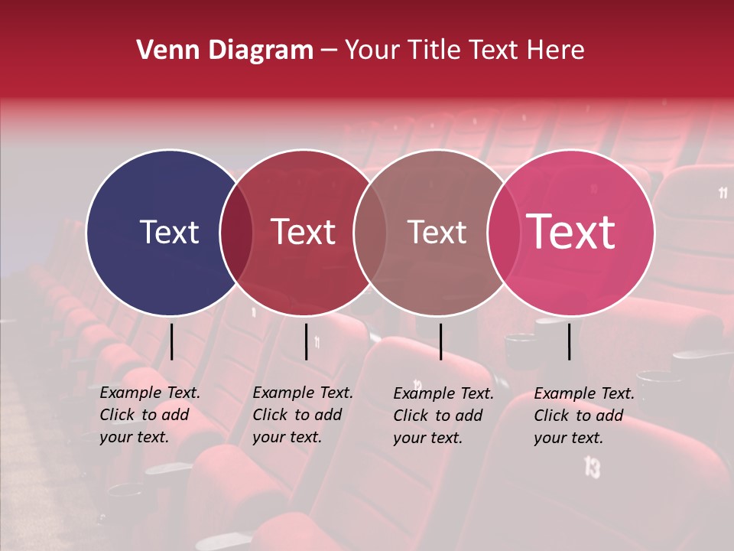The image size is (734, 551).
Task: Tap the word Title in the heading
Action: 436,51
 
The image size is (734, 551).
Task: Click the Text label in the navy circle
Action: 169,232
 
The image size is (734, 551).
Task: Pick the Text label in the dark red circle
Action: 303,232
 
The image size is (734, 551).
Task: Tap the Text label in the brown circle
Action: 437,232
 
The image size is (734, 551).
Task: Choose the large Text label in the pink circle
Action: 571,232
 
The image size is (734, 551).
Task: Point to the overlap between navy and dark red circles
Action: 236,232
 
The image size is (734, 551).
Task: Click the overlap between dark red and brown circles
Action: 370,232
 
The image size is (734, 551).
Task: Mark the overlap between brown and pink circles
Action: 503,232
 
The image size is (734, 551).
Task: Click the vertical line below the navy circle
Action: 172,341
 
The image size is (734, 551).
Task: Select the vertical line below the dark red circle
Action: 306,341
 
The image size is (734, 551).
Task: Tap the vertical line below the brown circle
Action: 440,341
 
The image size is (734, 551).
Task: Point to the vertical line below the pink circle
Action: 570,341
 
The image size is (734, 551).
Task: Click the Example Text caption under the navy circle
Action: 149,415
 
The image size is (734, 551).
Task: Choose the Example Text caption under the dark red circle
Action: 302,415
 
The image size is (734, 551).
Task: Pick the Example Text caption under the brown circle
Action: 443,416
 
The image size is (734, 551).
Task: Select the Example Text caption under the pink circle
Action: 583,416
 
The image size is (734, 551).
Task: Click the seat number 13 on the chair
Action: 592,466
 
